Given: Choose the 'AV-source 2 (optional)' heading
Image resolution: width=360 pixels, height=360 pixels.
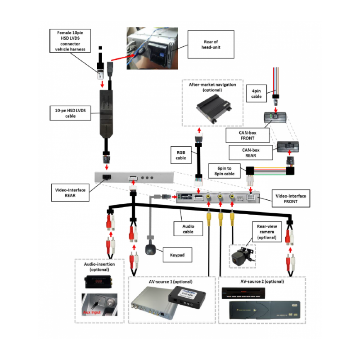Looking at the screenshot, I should click(262, 281).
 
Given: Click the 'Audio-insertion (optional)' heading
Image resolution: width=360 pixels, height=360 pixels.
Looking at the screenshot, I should click(99, 267).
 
